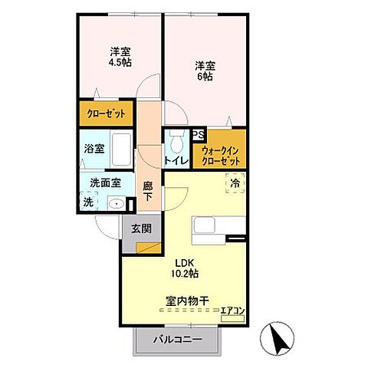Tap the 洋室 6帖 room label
(204, 71)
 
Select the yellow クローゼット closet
(106, 113)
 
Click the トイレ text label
(176, 161)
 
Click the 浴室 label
(94, 148)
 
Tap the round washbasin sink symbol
(117, 203)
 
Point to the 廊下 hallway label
(148, 191)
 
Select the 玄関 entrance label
(141, 228)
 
